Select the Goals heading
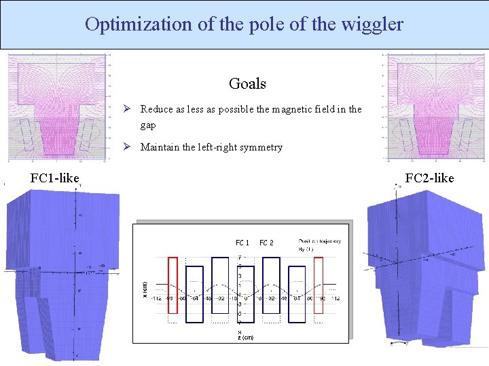[247, 83]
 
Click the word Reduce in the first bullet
[156, 109]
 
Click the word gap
[148, 125]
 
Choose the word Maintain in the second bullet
[160, 147]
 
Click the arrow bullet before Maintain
[126, 147]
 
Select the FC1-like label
[54, 178]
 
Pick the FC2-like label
[429, 178]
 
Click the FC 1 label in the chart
[242, 243]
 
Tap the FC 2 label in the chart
[266, 243]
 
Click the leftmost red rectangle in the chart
[173, 285]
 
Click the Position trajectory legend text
[319, 241]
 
